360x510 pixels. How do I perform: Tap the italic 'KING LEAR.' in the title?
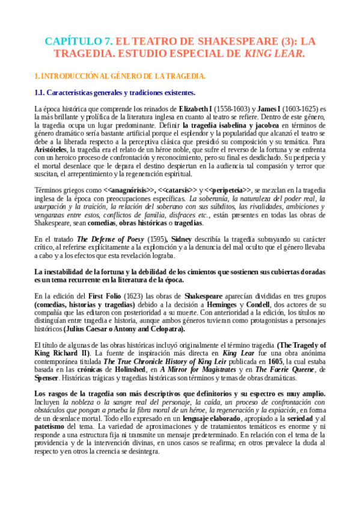tap(275, 54)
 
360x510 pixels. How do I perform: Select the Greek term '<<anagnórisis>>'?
tap(129, 189)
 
